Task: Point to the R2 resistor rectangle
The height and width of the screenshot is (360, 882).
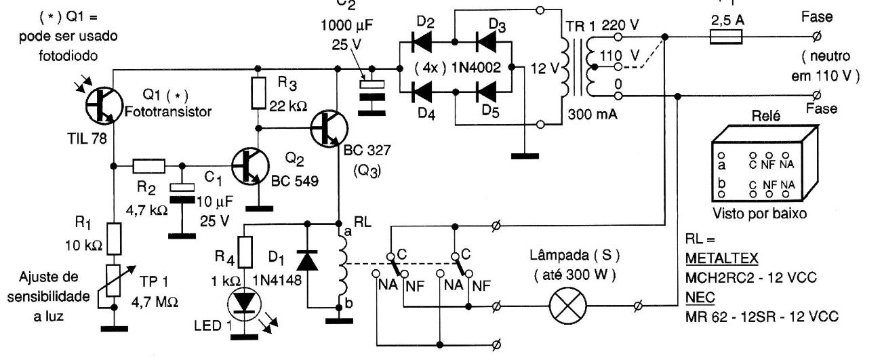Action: click(148, 165)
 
